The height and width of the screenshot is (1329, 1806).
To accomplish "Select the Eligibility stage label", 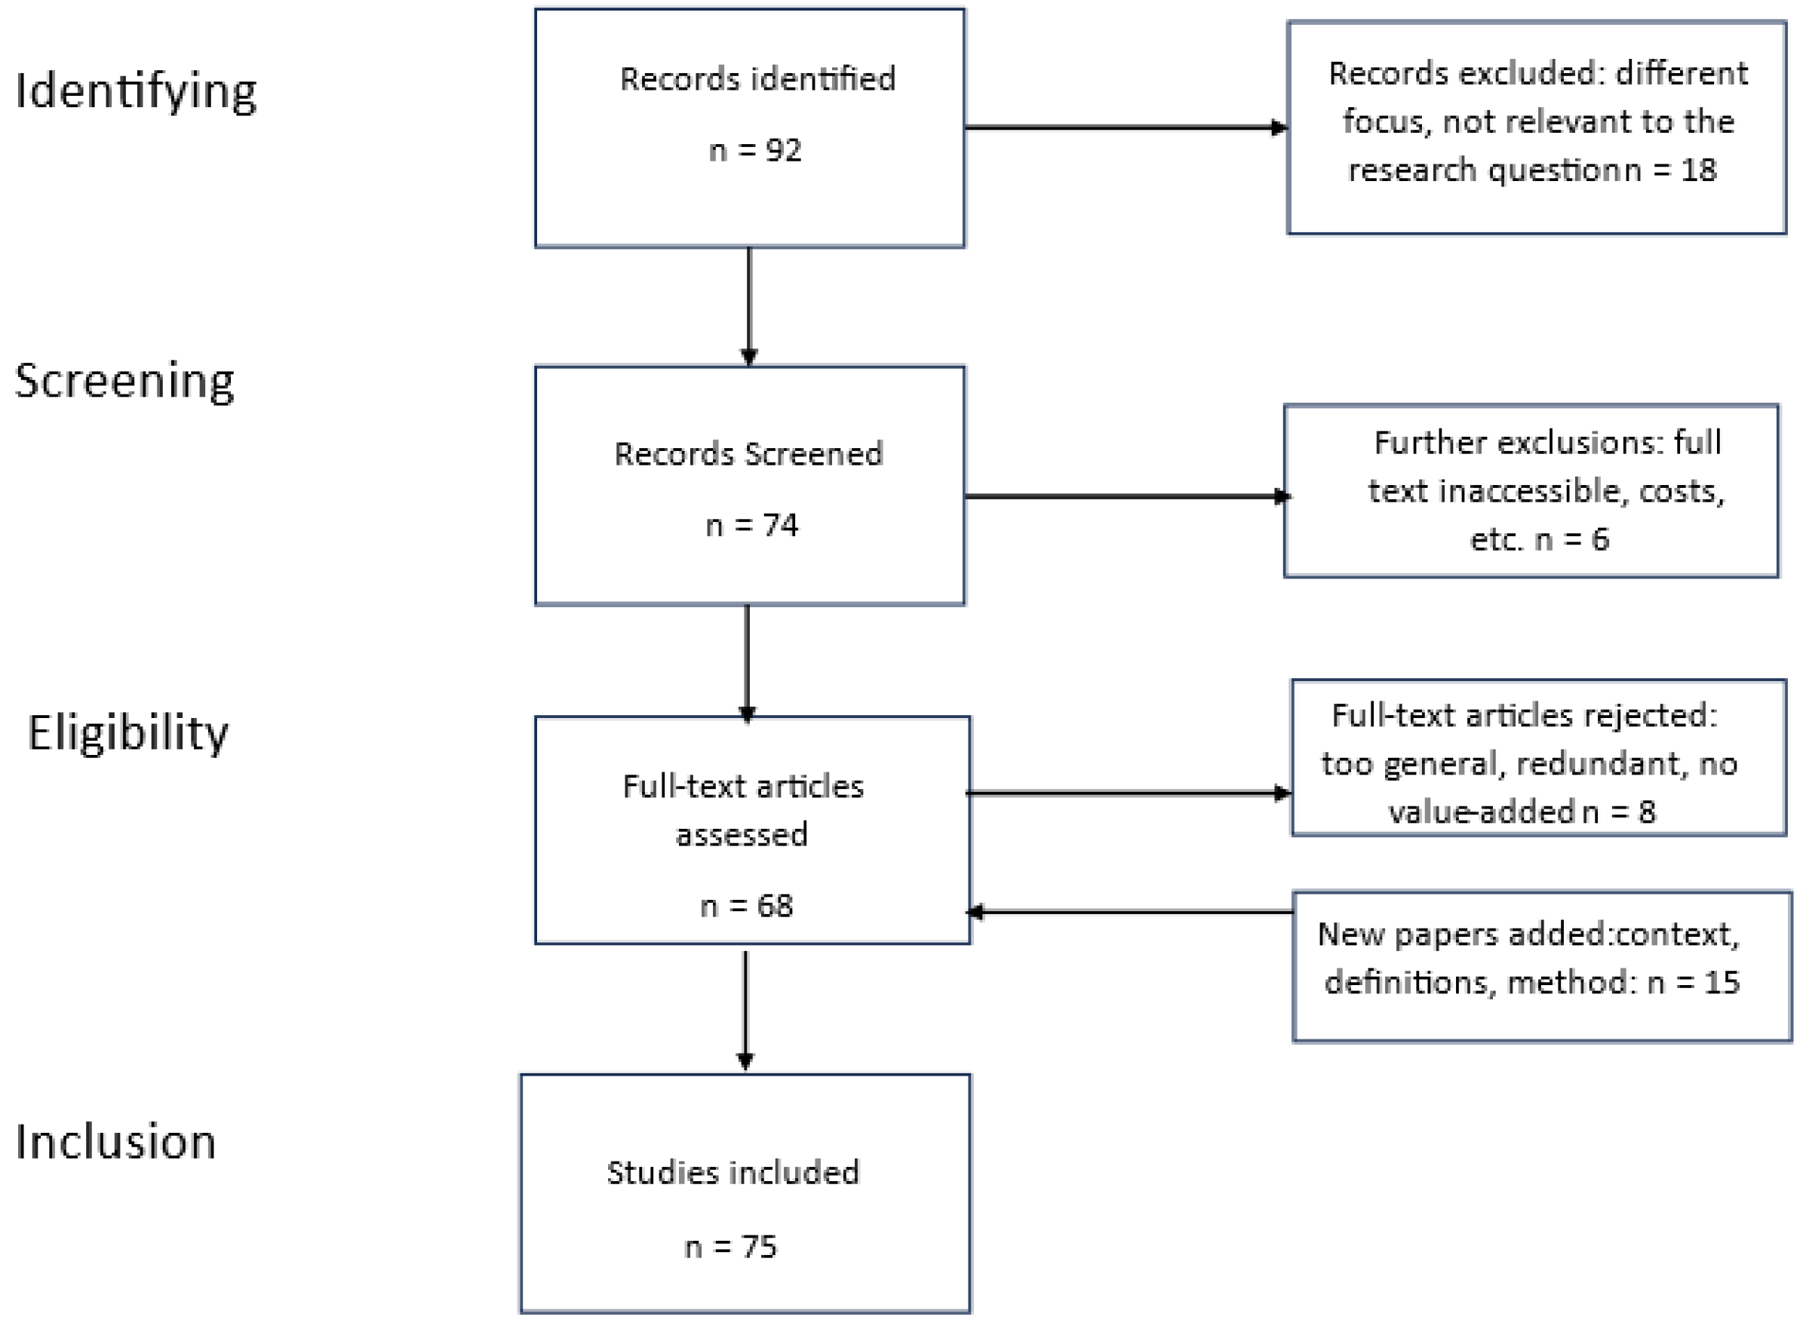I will coord(128,733).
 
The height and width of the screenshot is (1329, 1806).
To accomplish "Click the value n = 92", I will coord(754,150).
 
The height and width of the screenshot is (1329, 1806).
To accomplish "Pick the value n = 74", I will coord(751,525).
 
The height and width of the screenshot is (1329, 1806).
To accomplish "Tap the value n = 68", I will coord(747,906).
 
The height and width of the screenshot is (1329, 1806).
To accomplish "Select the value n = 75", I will coord(730,1247).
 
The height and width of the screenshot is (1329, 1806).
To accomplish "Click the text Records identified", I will coord(757,79).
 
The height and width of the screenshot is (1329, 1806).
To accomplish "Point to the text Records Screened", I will coord(748,454).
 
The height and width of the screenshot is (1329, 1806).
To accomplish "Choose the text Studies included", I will coord(733,1172).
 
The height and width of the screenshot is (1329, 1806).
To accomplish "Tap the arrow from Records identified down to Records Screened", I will coord(749,305).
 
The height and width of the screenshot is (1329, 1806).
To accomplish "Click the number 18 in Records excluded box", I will coord(1698,170).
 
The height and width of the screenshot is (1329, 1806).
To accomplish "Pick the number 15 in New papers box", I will coord(1722,982).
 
